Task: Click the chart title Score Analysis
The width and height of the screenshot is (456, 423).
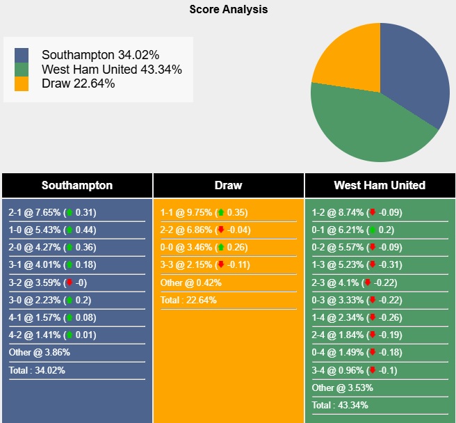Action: [228, 10]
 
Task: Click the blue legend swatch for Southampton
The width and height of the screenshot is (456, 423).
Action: [22, 54]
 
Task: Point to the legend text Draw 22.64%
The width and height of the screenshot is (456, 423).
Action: [78, 83]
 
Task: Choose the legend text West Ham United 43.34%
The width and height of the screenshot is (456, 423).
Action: [111, 69]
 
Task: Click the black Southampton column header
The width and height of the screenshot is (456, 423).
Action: [77, 185]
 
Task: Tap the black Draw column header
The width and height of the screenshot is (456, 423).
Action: [229, 185]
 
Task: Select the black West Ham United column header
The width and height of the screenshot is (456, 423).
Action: [380, 185]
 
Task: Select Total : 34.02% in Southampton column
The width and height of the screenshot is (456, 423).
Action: [37, 370]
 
